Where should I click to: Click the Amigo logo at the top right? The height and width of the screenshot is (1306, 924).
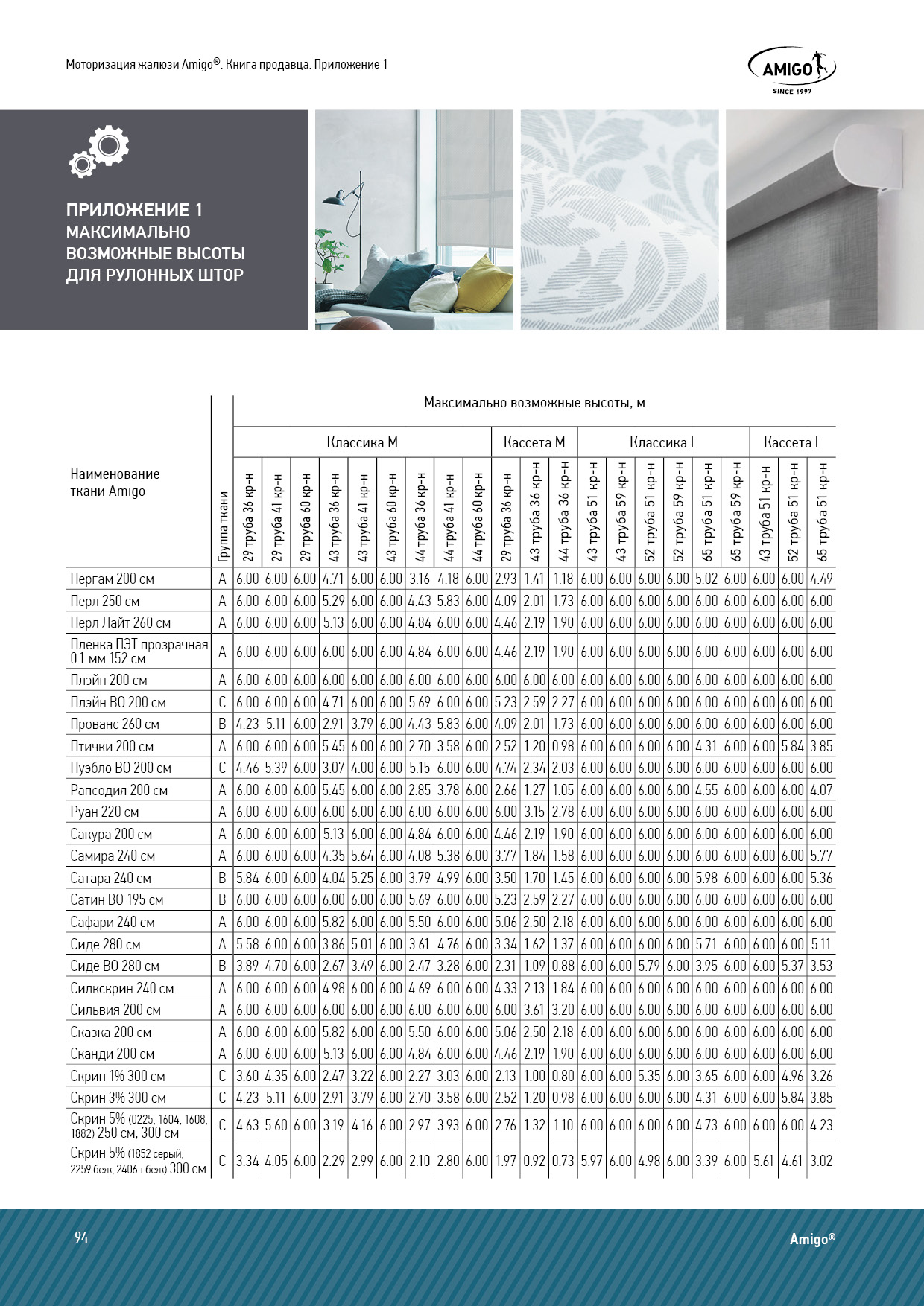click(791, 69)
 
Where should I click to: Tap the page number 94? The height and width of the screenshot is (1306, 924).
click(81, 1237)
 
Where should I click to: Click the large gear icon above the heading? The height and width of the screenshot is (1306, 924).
click(109, 146)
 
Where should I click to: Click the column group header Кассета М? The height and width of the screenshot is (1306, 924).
click(534, 442)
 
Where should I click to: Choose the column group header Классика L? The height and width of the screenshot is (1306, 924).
click(663, 442)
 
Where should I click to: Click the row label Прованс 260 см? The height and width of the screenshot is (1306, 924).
click(115, 724)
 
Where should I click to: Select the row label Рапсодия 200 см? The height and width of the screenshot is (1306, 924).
click(118, 790)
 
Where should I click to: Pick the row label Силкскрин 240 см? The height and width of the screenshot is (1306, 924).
click(122, 988)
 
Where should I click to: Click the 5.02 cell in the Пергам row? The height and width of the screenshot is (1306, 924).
click(706, 579)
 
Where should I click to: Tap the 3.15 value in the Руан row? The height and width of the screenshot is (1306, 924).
click(534, 812)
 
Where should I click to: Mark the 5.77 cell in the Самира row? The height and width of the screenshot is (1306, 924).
click(821, 856)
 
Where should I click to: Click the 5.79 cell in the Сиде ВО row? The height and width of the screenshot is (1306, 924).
click(649, 966)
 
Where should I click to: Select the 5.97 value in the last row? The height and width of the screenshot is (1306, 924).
click(592, 1160)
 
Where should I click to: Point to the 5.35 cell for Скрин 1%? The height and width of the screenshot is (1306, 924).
click(649, 1076)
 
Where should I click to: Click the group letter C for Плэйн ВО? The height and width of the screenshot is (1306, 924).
click(222, 702)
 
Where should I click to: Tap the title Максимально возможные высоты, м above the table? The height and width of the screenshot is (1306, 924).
click(534, 403)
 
